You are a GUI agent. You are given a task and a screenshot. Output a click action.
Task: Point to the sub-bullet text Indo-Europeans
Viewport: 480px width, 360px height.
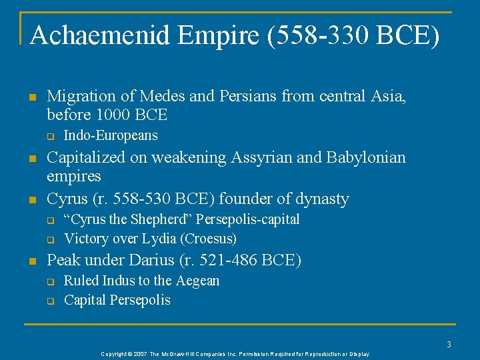tap(111, 135)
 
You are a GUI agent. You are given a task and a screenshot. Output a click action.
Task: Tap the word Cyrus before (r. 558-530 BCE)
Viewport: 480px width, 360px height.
tap(67, 199)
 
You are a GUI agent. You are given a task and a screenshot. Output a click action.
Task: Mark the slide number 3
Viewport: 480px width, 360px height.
tap(449, 345)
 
